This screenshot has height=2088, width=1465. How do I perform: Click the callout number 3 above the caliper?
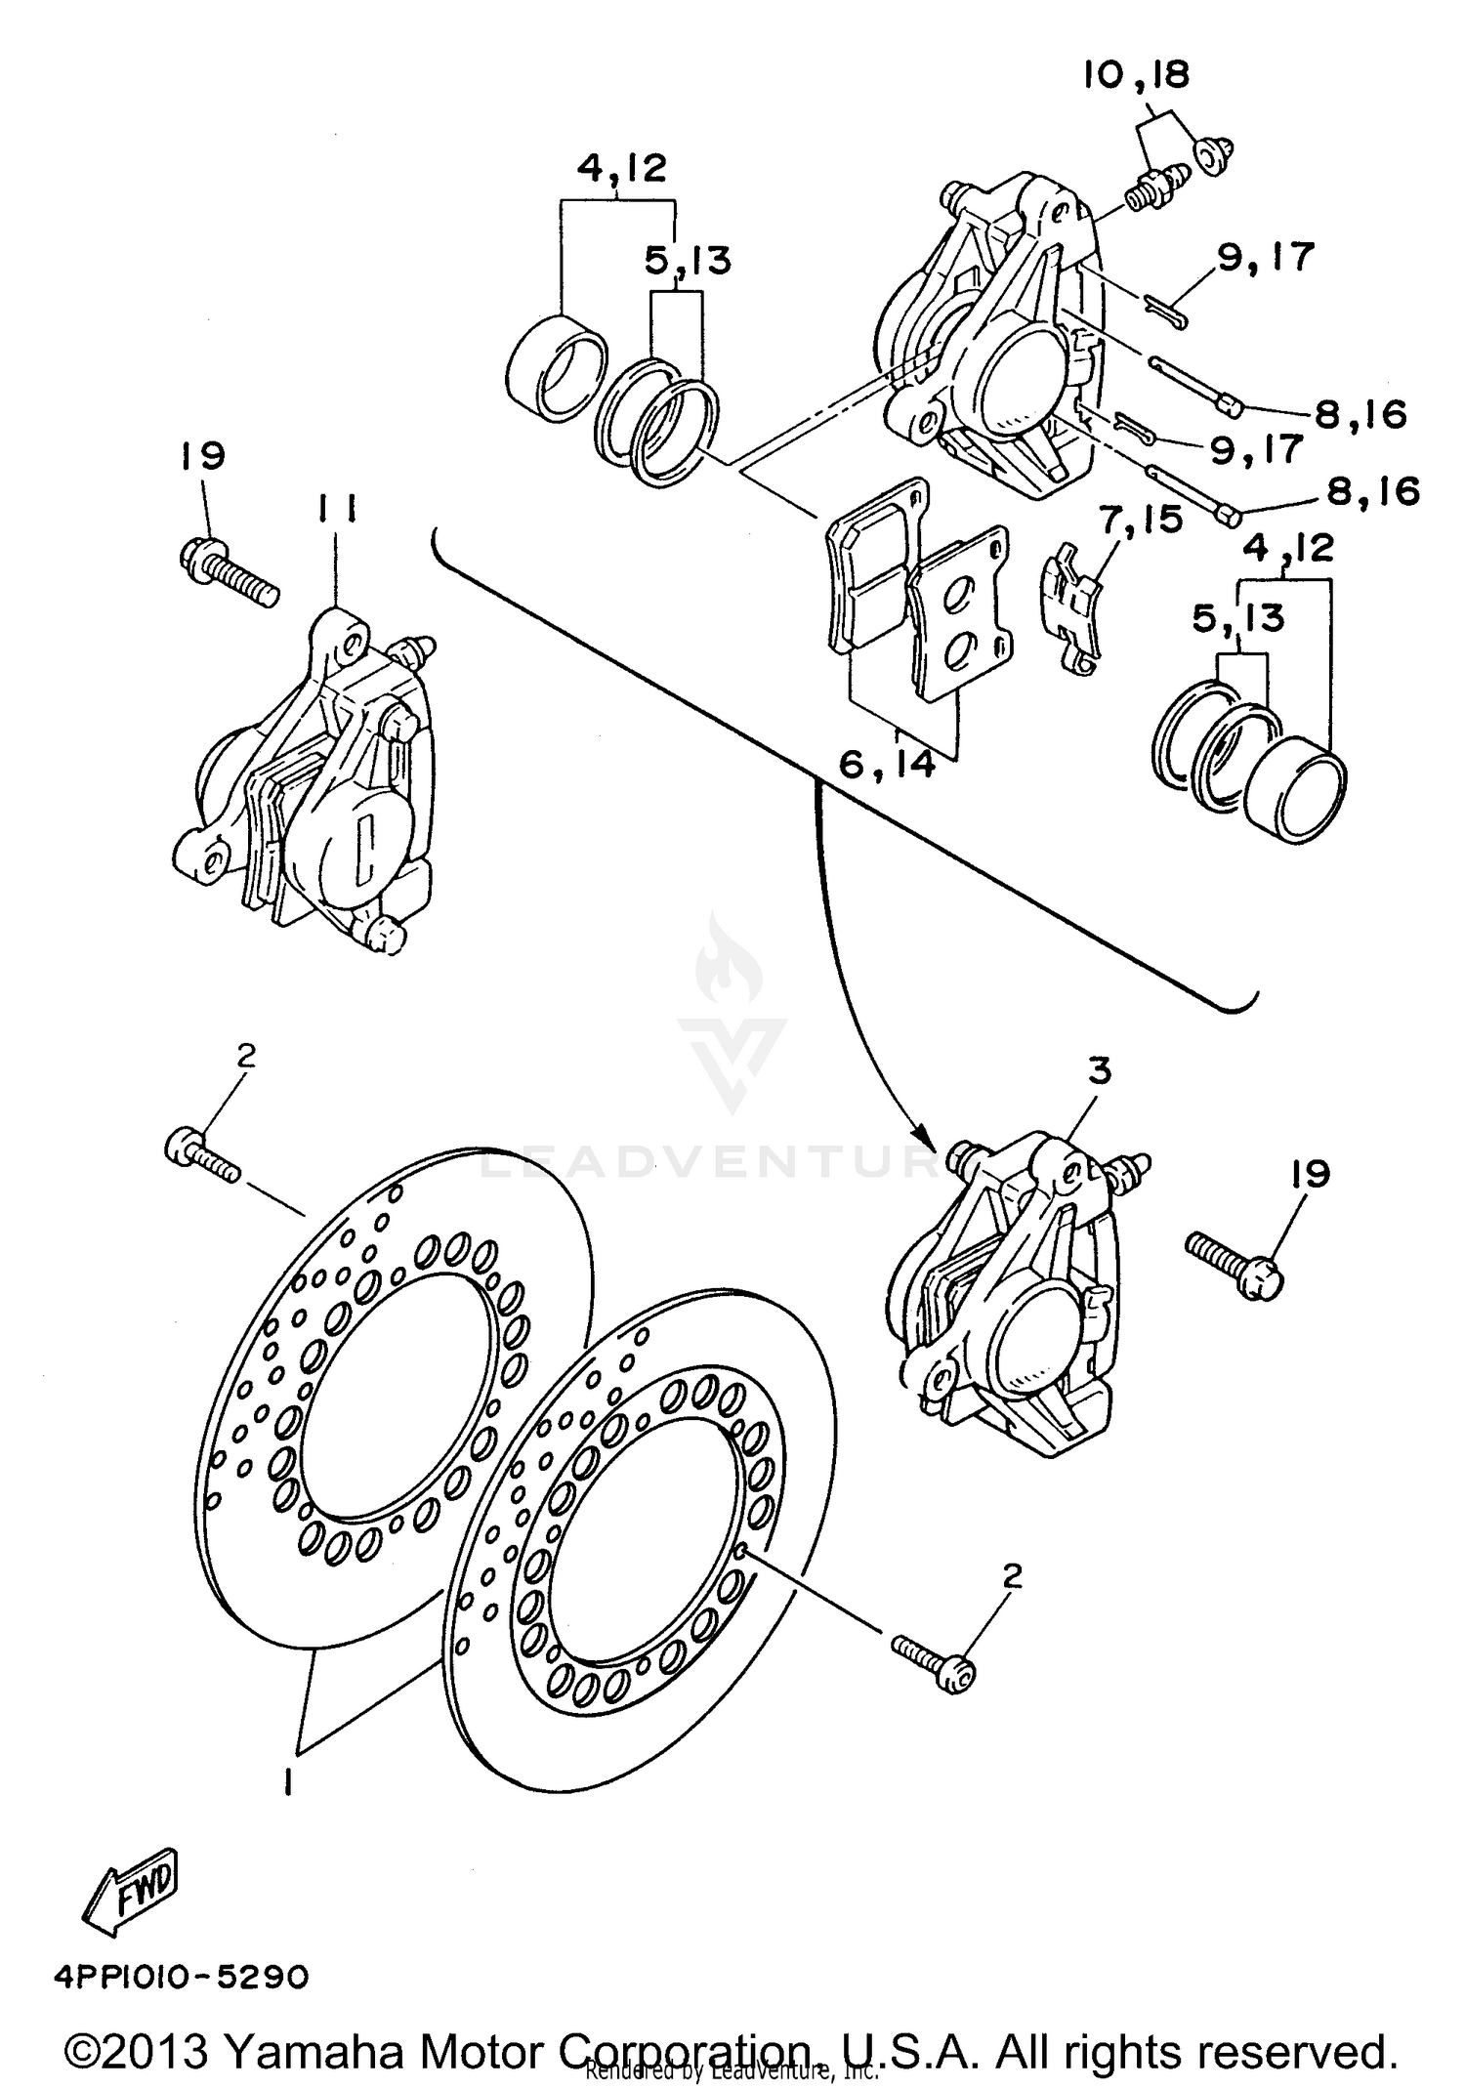tap(1100, 1070)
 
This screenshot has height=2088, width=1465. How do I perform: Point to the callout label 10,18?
tap(1136, 75)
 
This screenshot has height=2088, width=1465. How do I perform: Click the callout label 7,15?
tap(1141, 520)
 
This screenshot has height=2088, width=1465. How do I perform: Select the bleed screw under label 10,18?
tap(1153, 188)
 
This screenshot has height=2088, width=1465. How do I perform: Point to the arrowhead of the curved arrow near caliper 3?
tap(921, 1137)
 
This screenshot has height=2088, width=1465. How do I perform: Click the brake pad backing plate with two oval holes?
tap(961, 613)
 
